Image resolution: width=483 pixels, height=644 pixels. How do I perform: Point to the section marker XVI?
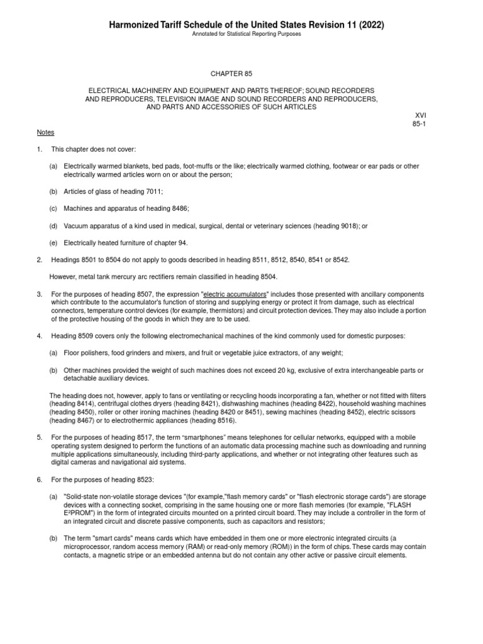(420, 116)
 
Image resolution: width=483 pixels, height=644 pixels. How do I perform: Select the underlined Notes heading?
(45, 133)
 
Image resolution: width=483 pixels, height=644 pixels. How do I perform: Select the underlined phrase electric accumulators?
(236, 294)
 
